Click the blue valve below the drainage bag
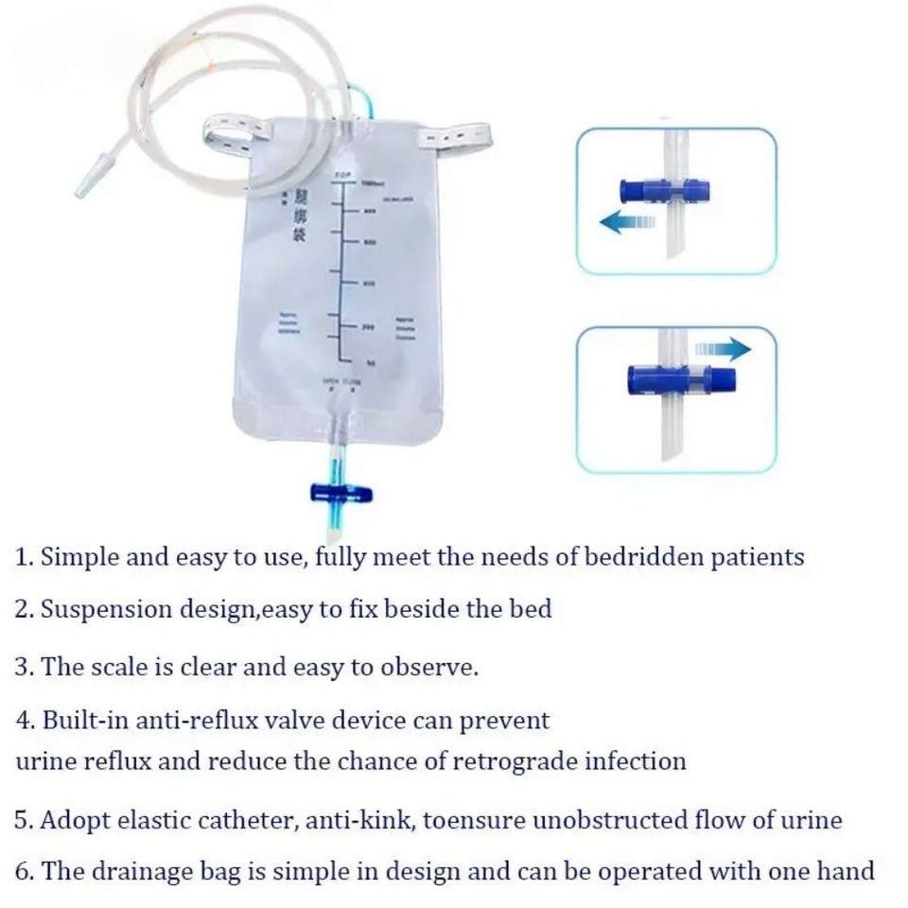pos(340,493)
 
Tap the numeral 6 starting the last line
pos(23,870)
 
